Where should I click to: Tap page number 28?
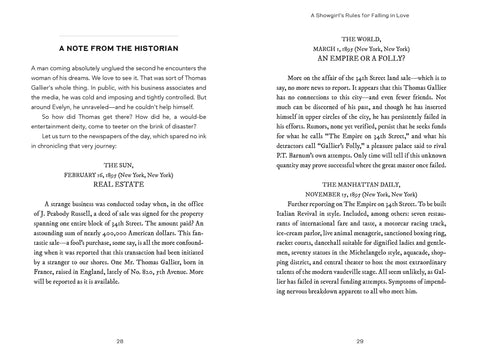pos(119,340)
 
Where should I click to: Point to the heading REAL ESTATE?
pos(119,185)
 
